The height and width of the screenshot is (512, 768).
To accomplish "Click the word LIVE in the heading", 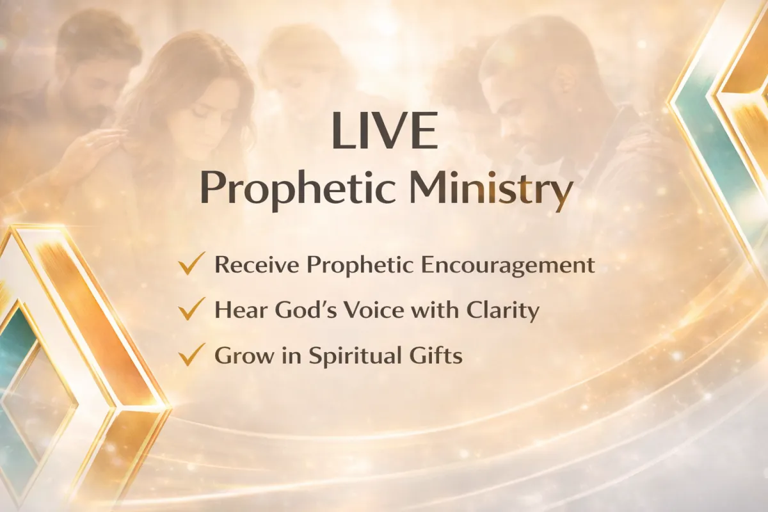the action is [x=385, y=131].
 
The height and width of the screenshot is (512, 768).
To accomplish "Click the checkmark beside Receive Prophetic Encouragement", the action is [x=191, y=264].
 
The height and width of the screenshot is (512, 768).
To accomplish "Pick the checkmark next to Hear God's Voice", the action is [x=191, y=308].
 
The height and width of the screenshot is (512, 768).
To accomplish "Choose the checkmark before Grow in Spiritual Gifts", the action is [x=191, y=355].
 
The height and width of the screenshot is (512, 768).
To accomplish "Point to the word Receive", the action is [x=257, y=265].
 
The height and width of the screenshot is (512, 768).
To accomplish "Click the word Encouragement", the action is [x=508, y=266].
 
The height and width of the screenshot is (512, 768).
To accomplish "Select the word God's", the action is [x=306, y=310].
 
